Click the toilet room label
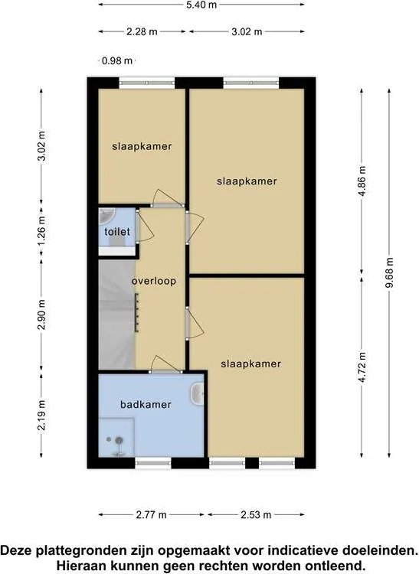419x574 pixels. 117,232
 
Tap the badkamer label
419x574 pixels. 146,405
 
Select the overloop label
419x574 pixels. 154,281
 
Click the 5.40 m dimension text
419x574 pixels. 201,5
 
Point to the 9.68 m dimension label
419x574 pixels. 389,273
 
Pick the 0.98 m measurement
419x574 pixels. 117,60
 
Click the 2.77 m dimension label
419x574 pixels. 151,515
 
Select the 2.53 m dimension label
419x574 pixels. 256,515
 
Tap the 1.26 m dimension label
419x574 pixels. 42,231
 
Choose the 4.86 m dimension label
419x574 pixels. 362,181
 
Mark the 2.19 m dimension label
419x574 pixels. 42,415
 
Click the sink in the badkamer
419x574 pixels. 197,393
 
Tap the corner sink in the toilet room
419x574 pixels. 106,215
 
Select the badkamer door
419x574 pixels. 165,364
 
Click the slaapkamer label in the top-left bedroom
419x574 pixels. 142,146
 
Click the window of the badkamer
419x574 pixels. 153,463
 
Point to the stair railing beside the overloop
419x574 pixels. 136,312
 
